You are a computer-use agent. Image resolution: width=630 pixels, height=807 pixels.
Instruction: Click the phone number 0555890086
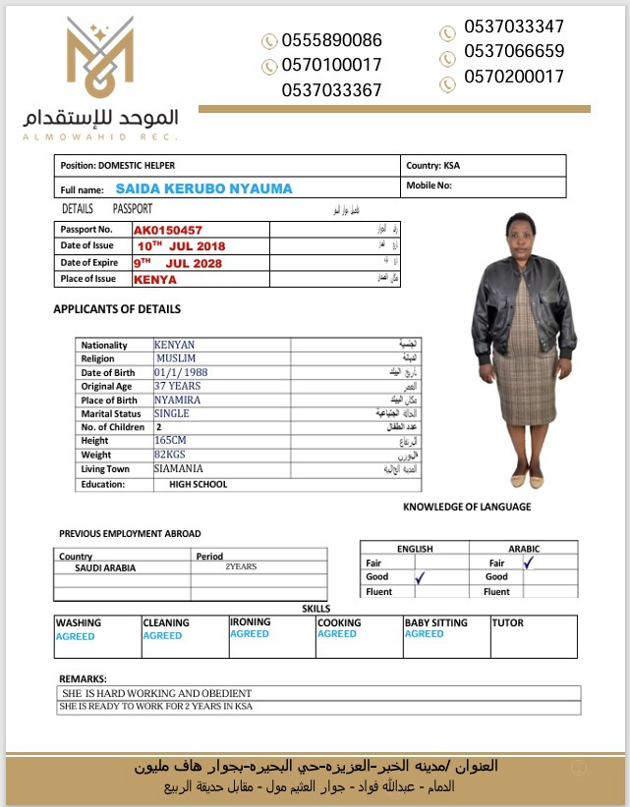[331, 40]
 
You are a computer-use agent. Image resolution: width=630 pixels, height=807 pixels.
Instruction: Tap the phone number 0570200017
[514, 76]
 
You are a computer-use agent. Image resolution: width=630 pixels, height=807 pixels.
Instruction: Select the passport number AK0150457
[168, 230]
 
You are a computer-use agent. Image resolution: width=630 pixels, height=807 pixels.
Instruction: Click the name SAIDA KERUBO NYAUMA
[203, 188]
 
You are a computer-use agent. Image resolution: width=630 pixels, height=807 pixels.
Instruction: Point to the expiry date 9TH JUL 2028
[179, 263]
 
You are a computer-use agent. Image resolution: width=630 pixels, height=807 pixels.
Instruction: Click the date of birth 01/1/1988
[181, 372]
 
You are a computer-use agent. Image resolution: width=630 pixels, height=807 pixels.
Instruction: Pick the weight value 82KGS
[171, 456]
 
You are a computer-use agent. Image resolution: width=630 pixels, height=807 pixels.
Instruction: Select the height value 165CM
[171, 442]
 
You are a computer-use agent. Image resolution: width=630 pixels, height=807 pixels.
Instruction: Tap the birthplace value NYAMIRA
[178, 400]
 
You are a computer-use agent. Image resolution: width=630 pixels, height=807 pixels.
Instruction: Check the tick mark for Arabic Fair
[529, 563]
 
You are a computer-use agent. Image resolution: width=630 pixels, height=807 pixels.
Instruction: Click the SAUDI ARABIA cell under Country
[105, 567]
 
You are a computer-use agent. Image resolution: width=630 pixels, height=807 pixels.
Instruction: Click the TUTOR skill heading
[507, 622]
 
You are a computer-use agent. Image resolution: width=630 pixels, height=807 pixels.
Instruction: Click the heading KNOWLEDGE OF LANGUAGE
[467, 507]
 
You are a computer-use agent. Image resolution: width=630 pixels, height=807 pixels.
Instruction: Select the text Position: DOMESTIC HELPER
[118, 165]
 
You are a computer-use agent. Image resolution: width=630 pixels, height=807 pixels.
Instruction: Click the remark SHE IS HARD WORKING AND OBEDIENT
[157, 693]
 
